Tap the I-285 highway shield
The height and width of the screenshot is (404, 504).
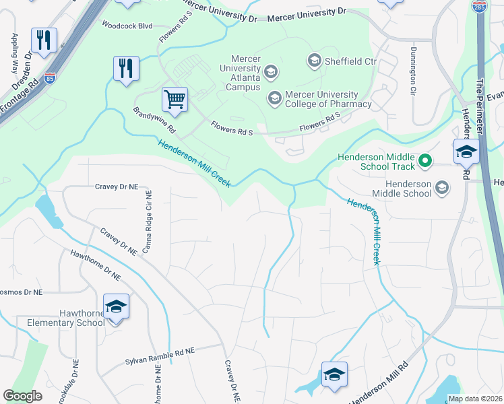(x=479, y=5)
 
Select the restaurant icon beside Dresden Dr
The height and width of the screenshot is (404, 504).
(x=44, y=40)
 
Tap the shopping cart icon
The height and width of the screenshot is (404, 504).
(x=175, y=100)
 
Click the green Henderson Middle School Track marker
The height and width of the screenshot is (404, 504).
(x=424, y=161)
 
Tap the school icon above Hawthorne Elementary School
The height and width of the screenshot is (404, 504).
(x=116, y=307)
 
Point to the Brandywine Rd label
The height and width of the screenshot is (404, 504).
(x=154, y=119)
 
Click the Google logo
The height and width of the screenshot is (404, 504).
(x=23, y=395)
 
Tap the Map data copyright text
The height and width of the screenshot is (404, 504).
(x=474, y=399)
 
